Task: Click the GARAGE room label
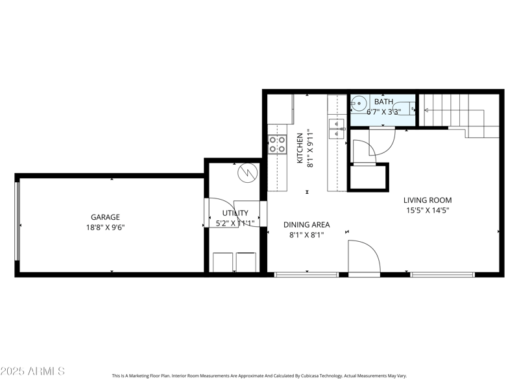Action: tap(104, 217)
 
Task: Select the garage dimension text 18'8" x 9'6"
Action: tap(104, 228)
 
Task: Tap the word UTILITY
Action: tap(235, 213)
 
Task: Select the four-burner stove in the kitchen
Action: tap(278, 144)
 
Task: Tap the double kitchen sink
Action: tap(337, 129)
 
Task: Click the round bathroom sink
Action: tap(359, 102)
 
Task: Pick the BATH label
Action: tap(383, 102)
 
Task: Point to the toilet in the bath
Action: tap(407, 109)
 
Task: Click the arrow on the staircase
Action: tap(427, 110)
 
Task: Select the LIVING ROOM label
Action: tap(428, 200)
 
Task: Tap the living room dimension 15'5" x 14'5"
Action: tap(428, 210)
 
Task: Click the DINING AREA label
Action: tap(306, 225)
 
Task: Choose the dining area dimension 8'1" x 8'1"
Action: tap(306, 235)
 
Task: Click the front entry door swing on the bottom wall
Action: tap(363, 257)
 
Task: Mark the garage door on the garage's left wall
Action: tap(18, 225)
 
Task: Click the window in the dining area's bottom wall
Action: tap(306, 275)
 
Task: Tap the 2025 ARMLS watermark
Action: tap(32, 371)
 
